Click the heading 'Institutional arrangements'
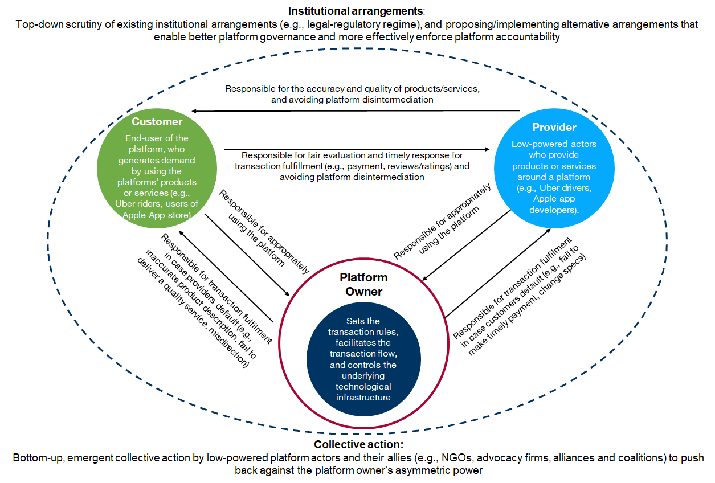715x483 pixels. (356, 11)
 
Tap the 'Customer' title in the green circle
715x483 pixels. (157, 121)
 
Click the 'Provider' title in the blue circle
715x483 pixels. (554, 127)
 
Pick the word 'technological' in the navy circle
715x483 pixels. (363, 386)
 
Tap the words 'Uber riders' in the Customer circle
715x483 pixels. (146, 204)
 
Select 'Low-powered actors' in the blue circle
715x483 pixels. (554, 144)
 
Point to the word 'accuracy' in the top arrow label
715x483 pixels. (332, 89)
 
